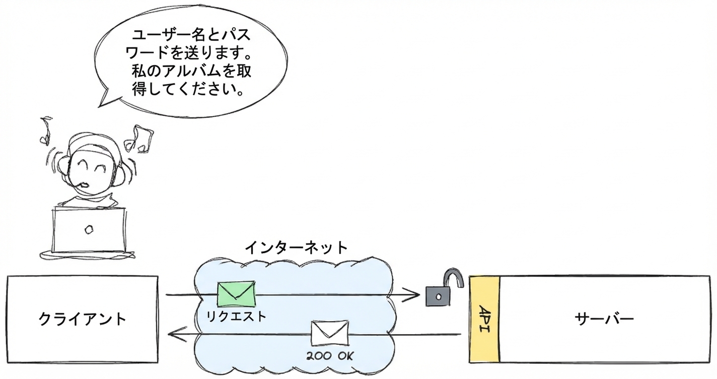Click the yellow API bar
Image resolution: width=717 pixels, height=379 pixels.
click(484, 319)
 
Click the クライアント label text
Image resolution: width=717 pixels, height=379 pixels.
click(83, 319)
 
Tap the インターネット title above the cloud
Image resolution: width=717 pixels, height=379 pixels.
click(296, 248)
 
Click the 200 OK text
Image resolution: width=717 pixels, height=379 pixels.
click(330, 356)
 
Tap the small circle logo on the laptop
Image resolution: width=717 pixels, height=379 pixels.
click(89, 230)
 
